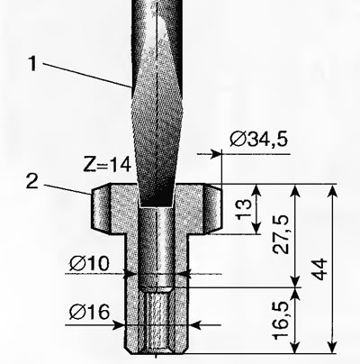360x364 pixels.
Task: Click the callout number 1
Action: click(x=32, y=63)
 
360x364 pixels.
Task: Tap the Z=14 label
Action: click(x=107, y=164)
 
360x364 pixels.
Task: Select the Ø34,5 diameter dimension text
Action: click(x=258, y=139)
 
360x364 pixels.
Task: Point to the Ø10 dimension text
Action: click(x=89, y=264)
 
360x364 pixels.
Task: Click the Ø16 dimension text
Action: click(x=89, y=313)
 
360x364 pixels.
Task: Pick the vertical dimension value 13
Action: click(x=244, y=208)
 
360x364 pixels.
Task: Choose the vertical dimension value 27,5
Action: click(x=281, y=234)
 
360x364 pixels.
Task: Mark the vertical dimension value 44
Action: click(x=319, y=269)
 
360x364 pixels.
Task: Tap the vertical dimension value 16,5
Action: click(x=281, y=321)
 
